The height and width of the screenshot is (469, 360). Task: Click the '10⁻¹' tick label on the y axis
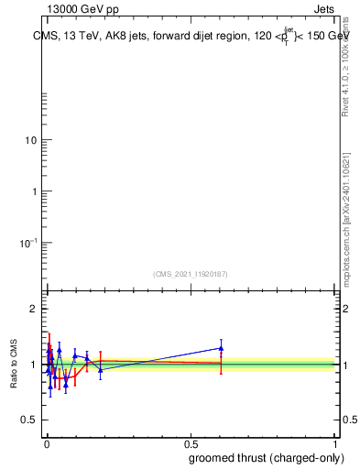(x=30, y=242)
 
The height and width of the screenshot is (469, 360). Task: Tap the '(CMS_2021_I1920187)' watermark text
(x=191, y=274)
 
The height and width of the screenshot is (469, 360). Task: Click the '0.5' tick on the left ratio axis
(x=31, y=420)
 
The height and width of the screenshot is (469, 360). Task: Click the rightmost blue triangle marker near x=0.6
(x=221, y=348)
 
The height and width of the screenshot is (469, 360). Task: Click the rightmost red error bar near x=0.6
(x=221, y=364)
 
